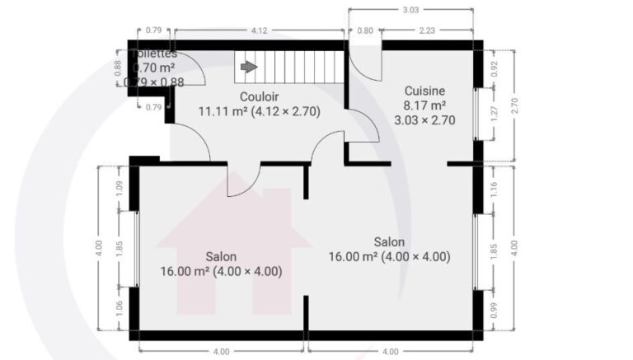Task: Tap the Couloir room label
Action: pos(258,96)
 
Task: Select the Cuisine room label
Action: pos(424,91)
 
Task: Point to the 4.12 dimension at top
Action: pos(259,31)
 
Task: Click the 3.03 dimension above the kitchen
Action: pos(410,11)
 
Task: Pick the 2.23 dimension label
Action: pos(427,31)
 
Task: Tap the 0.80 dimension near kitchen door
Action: pos(363,31)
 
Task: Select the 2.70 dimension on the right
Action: pos(514,105)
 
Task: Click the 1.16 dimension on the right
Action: pos(495,188)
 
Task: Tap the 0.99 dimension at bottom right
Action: pos(495,310)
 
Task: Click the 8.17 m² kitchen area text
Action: pos(424,105)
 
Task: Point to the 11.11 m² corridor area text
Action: pos(223,110)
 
